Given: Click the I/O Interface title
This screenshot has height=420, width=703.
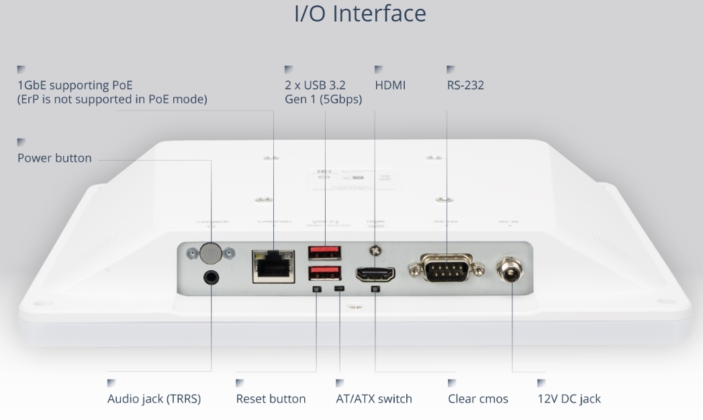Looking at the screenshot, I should pos(360,13).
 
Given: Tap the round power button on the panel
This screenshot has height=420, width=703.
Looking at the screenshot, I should pos(211,253).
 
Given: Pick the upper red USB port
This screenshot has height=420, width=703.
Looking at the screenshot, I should pos(324,253).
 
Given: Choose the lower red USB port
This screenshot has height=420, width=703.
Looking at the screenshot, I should pos(324,274).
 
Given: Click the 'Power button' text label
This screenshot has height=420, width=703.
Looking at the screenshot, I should pos(54,159).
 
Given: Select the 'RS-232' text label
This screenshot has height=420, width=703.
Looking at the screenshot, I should pos(465,85).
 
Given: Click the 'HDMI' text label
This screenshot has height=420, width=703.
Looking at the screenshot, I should pos(390,85).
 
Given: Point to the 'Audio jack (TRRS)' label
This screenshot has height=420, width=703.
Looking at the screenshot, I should pos(154,398).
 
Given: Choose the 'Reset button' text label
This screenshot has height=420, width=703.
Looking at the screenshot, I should pos(271,398).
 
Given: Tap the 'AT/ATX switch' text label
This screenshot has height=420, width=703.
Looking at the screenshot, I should pos(374,398).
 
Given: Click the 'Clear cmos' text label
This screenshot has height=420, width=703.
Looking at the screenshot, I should pos(478,398).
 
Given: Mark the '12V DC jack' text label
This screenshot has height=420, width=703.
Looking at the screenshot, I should pos(569,398).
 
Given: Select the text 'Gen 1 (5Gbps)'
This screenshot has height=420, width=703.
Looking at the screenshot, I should pos(323,99).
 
